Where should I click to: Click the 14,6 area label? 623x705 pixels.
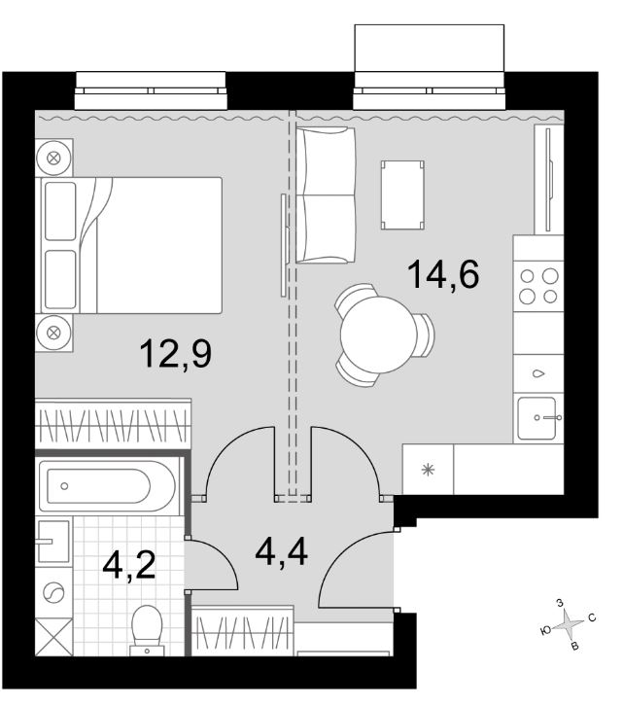443,274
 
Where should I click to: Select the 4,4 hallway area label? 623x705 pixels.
282,552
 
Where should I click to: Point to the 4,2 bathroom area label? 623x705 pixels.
129,565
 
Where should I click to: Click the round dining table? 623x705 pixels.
379,335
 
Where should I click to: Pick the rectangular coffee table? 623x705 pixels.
402,195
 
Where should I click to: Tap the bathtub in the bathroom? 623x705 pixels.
108,486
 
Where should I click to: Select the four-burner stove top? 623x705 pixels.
538,286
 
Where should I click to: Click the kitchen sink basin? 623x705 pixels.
536,418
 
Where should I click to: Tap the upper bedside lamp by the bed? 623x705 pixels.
53,158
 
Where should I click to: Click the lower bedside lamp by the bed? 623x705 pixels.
53,333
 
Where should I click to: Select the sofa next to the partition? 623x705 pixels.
326,194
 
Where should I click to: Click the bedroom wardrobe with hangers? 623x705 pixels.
113,423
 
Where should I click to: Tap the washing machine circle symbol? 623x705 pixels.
54,592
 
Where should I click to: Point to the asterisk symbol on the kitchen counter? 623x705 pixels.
428,470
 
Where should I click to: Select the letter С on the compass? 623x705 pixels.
592,617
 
